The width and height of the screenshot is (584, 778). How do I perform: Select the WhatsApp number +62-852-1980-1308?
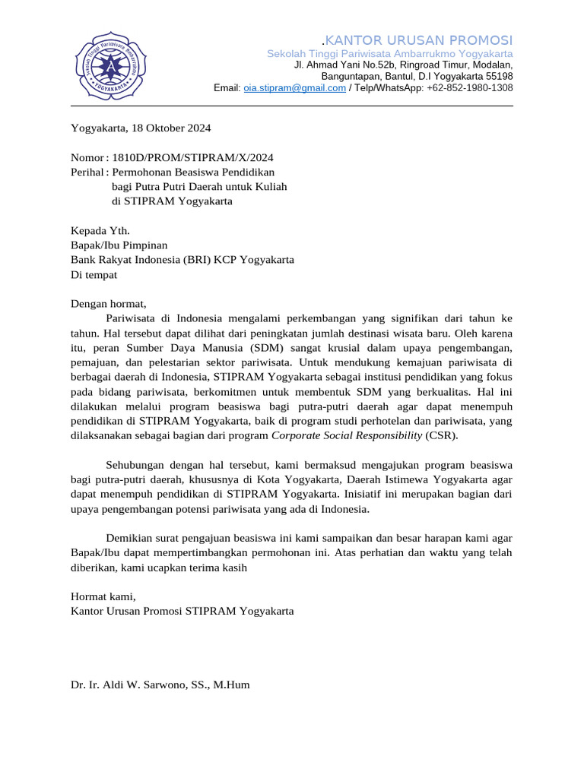pyautogui.click(x=470, y=88)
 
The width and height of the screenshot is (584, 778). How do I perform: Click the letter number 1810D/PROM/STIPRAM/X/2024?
pyautogui.click(x=192, y=157)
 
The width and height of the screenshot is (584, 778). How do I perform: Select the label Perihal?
pyautogui.click(x=87, y=172)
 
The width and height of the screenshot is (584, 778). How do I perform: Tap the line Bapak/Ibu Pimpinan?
pyautogui.click(x=119, y=245)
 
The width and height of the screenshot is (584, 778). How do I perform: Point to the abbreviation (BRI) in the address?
pyautogui.click(x=196, y=260)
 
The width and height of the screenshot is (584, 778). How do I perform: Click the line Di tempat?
pyautogui.click(x=94, y=274)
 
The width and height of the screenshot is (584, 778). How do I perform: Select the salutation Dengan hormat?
pyautogui.click(x=108, y=304)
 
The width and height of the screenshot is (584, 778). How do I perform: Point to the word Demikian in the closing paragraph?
pyautogui.click(x=130, y=538)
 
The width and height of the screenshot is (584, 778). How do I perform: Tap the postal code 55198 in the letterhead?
pyautogui.click(x=499, y=77)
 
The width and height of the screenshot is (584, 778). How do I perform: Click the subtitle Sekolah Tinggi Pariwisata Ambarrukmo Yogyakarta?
pyautogui.click(x=389, y=54)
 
